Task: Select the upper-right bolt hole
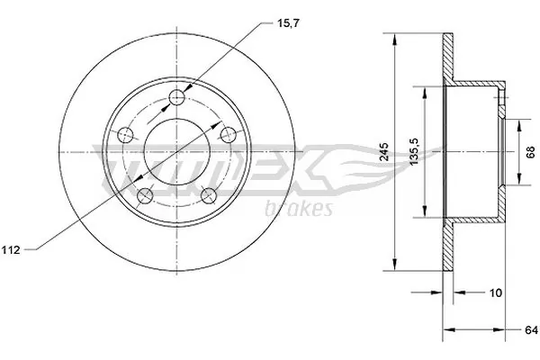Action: click(x=228, y=132)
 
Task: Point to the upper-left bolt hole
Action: click(x=127, y=134)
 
